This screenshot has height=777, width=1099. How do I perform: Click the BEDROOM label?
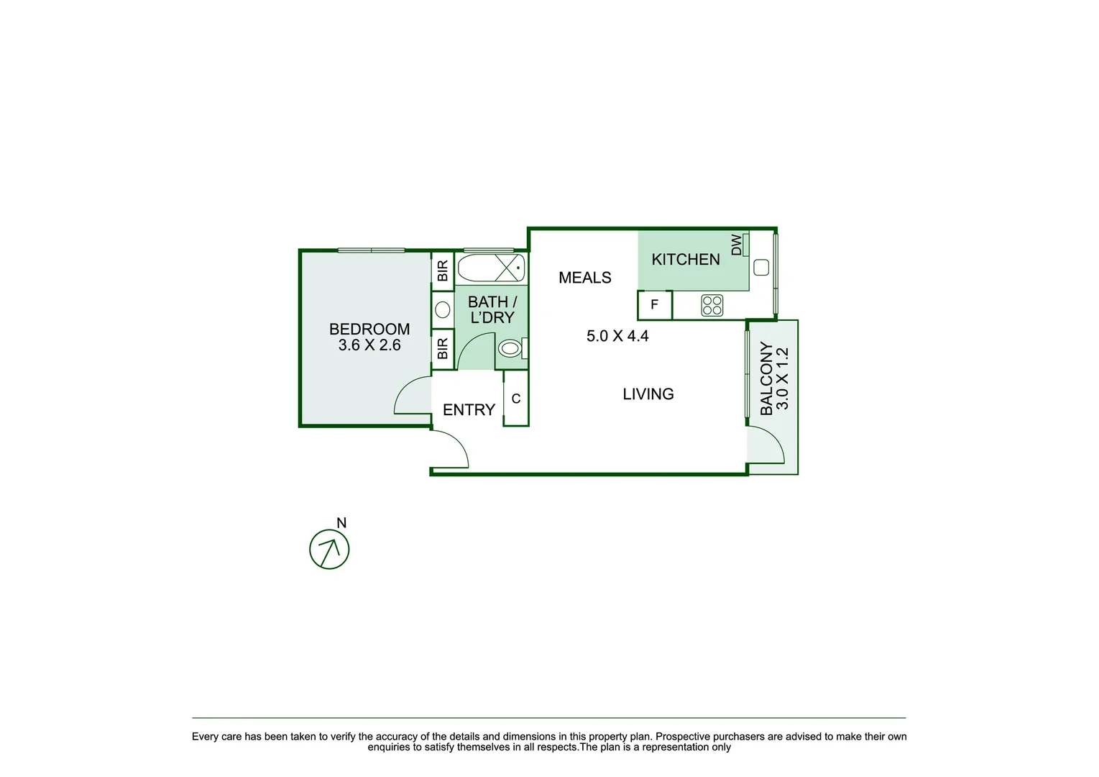tap(369, 329)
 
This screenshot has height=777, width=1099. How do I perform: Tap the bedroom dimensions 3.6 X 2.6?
tap(369, 345)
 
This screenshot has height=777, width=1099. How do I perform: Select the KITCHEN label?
tap(685, 260)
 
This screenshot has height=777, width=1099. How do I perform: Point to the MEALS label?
tap(584, 278)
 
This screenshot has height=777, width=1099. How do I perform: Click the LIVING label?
tap(648, 394)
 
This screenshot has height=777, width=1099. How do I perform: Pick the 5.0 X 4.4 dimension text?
tap(617, 336)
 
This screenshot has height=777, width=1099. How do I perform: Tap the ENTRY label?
tap(469, 410)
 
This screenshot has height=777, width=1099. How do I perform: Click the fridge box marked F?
tap(654, 305)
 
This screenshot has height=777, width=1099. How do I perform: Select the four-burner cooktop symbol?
tap(712, 305)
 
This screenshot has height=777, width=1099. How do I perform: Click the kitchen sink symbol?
tap(761, 268)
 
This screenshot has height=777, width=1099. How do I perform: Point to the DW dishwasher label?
tap(737, 245)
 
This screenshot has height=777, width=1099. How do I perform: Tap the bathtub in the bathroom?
tap(491, 268)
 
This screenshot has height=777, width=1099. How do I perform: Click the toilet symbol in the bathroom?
tap(510, 349)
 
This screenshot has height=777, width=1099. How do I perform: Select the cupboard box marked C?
tap(515, 399)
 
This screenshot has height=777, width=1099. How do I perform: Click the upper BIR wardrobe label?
tap(443, 271)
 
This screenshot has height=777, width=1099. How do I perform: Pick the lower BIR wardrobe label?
tap(443, 349)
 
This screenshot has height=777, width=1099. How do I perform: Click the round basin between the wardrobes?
tap(443, 310)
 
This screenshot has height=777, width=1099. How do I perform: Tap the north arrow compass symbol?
tap(329, 550)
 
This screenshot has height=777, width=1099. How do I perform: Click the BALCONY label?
tap(766, 378)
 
